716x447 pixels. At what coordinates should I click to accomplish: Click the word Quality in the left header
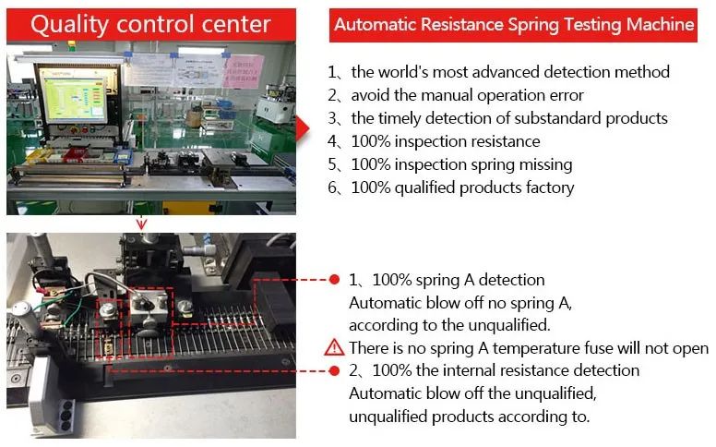69,25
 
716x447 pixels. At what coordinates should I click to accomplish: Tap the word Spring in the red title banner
533,24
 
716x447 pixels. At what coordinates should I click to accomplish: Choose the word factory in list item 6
550,187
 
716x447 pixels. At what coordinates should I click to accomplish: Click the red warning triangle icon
334,347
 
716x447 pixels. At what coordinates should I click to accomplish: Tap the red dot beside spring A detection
334,279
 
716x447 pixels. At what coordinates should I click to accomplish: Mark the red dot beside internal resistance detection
334,370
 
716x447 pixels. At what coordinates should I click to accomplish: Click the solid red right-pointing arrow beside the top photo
303,128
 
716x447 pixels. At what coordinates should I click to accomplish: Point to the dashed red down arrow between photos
141,223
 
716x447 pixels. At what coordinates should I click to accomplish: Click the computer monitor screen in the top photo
73,98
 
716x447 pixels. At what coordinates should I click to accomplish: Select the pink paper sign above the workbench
244,71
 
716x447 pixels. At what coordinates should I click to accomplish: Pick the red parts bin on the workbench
76,154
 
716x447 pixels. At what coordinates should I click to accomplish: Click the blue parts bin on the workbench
123,156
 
